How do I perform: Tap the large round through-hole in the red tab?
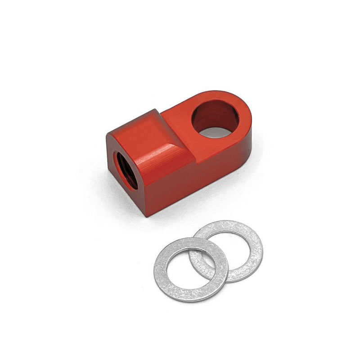[215, 118]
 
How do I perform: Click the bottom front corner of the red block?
[147, 215]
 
